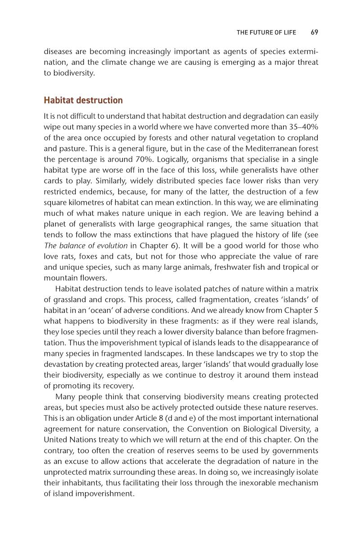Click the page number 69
tap(314, 32)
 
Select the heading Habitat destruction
tap(83, 100)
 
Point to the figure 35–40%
tap(301, 125)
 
